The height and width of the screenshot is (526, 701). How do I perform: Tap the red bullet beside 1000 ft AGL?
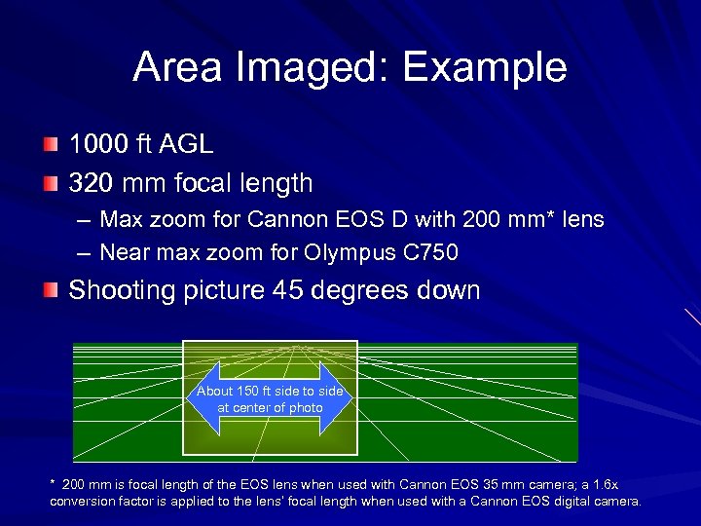[50, 146]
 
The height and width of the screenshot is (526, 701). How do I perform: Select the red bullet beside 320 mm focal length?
[50, 182]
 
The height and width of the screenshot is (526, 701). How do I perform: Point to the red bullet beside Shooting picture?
[50, 290]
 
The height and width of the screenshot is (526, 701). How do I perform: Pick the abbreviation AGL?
[185, 146]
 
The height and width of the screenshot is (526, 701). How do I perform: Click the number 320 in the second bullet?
[90, 182]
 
